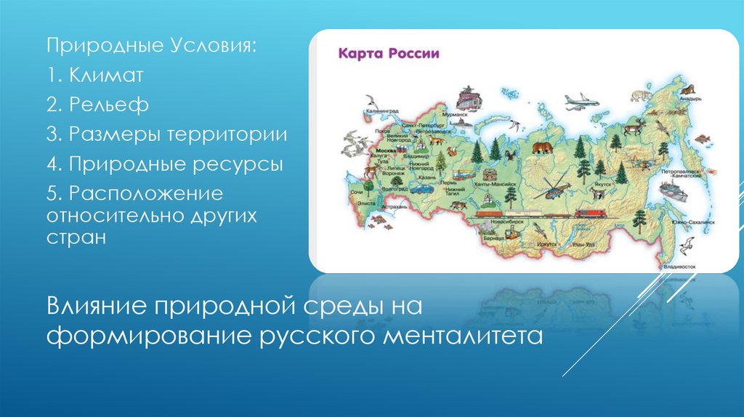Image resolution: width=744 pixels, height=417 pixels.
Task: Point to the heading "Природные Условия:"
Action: (152, 46)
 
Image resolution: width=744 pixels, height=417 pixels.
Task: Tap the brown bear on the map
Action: (541, 148)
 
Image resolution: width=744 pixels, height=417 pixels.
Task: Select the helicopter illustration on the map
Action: (553, 191)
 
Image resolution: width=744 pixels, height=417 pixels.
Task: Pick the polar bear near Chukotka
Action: (640, 94)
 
